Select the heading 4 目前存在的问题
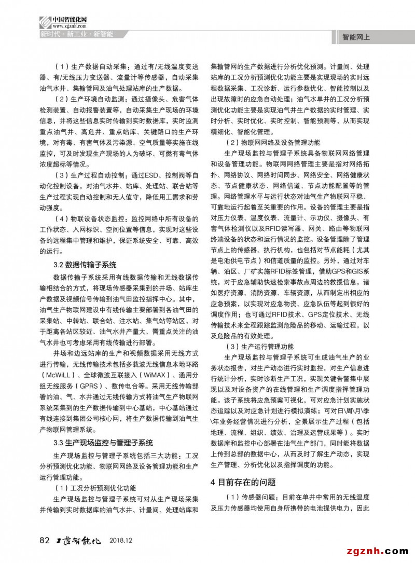click(243, 483)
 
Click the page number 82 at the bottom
click(44, 540)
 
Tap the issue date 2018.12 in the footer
click(122, 541)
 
